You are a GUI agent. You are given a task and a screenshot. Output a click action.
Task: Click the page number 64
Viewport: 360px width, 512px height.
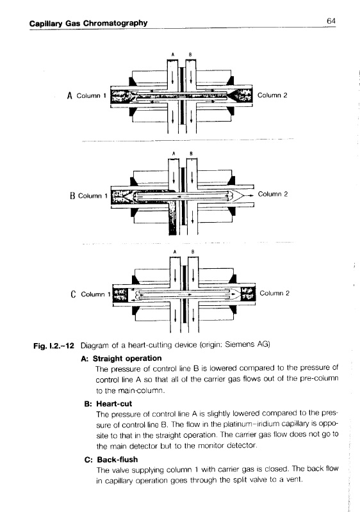[331, 21]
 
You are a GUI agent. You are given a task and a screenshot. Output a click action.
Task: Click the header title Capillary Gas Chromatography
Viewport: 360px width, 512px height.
[88, 23]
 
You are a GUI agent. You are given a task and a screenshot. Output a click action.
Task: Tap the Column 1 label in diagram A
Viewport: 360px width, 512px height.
[91, 95]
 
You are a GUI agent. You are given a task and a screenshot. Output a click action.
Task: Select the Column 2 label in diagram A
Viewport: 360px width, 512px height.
[272, 95]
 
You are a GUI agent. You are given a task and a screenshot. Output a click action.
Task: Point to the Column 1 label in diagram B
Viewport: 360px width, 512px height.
[93, 196]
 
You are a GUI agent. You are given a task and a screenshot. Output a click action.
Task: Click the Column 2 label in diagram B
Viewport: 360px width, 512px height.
[273, 194]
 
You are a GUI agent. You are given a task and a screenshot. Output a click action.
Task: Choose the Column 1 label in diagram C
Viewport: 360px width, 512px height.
[95, 294]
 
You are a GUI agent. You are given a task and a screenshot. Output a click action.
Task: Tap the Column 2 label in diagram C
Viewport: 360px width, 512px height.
[274, 293]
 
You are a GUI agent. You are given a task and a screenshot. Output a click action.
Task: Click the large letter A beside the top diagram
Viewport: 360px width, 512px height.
[69, 95]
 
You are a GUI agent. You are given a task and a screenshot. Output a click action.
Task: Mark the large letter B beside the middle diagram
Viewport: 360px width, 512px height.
[72, 196]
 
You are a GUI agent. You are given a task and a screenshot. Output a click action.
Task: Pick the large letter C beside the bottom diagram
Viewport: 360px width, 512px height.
[73, 294]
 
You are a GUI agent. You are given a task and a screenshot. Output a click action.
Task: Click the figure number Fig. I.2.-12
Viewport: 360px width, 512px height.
[54, 346]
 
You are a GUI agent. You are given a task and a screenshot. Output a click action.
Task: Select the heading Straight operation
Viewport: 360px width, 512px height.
[127, 358]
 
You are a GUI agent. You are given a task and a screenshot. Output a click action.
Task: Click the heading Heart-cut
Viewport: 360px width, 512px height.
[114, 404]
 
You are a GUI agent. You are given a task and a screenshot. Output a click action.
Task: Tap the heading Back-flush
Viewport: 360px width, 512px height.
[117, 460]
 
